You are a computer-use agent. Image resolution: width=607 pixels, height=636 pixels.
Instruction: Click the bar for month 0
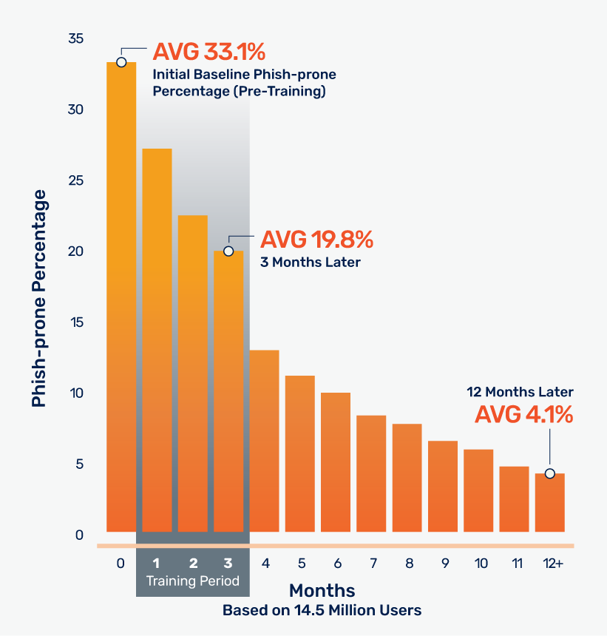pyautogui.click(x=121, y=296)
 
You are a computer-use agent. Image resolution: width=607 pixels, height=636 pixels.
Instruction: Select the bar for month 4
pyautogui.click(x=265, y=441)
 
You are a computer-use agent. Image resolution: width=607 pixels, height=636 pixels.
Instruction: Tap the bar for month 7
pyautogui.click(x=371, y=473)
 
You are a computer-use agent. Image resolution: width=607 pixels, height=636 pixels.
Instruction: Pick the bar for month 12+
pyautogui.click(x=549, y=503)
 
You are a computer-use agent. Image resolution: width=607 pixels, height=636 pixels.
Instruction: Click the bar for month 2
pyautogui.click(x=192, y=373)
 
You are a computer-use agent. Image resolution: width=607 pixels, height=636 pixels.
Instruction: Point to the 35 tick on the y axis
pyautogui.click(x=76, y=38)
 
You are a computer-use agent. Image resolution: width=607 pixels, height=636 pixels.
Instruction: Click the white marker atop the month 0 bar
pyautogui.click(x=121, y=62)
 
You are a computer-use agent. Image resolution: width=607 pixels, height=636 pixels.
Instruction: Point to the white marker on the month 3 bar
pyautogui.click(x=228, y=251)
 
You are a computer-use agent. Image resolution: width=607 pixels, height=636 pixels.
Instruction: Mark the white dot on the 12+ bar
pyautogui.click(x=549, y=473)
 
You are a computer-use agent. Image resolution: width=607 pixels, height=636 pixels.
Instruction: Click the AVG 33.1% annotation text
pyautogui.click(x=208, y=53)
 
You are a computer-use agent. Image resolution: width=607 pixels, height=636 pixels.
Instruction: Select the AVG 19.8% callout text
pyautogui.click(x=316, y=240)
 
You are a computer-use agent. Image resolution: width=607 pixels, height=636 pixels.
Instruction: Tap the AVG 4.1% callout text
pyautogui.click(x=523, y=415)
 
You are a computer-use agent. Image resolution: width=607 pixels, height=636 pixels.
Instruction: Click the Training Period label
pyautogui.click(x=192, y=581)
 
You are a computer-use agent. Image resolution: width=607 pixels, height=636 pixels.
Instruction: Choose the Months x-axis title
pyautogui.click(x=322, y=591)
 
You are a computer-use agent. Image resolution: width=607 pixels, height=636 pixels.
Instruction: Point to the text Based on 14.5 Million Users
pyautogui.click(x=322, y=611)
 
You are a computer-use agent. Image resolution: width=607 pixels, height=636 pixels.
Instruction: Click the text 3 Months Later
pyautogui.click(x=310, y=262)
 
